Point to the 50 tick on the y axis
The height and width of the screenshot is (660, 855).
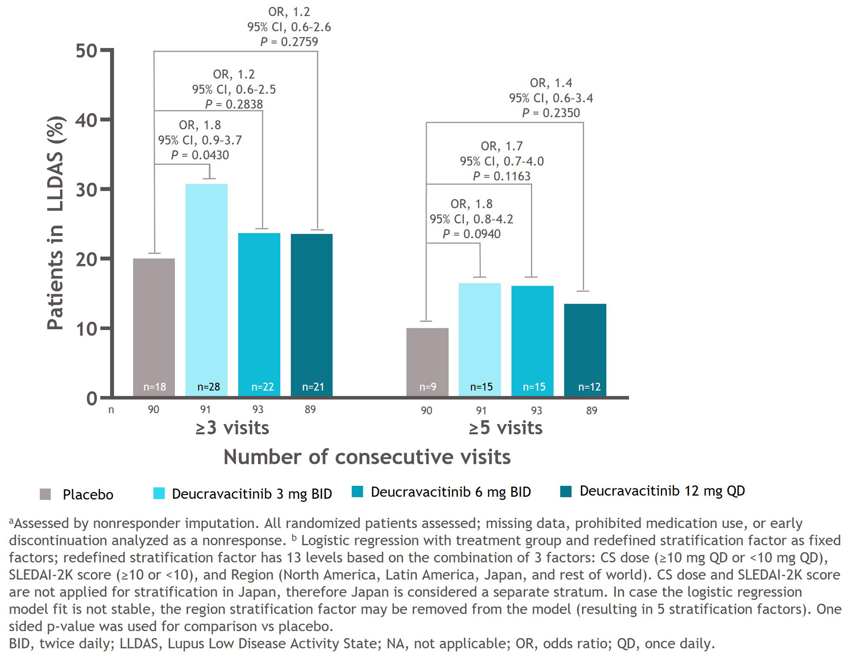pyautogui.click(x=86, y=51)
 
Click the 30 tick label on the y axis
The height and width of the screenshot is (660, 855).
pyautogui.click(x=86, y=190)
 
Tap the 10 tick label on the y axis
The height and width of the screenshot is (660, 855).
pyautogui.click(x=86, y=329)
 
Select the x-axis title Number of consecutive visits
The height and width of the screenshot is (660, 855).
pyautogui.click(x=367, y=457)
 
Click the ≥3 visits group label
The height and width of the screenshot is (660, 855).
pyautogui.click(x=232, y=428)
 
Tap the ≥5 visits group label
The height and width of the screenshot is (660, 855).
pyautogui.click(x=505, y=428)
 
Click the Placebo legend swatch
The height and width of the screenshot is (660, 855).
pyautogui.click(x=45, y=494)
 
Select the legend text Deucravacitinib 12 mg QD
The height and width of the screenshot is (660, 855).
pyautogui.click(x=662, y=491)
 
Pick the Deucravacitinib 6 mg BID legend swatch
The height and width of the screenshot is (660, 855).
pyautogui.click(x=357, y=492)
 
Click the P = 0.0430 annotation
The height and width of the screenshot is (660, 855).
pyautogui.click(x=200, y=155)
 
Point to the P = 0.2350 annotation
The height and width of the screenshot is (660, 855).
pyautogui.click(x=551, y=113)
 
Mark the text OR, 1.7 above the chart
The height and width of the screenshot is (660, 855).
pyautogui.click(x=502, y=146)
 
